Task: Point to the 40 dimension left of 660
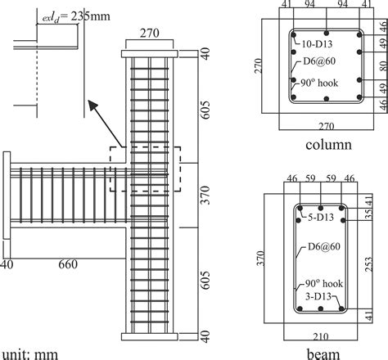pyautogui.click(x=7, y=264)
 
